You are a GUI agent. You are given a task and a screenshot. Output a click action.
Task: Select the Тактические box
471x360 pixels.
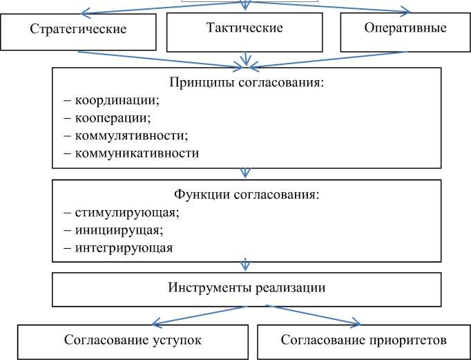pyautogui.click(x=244, y=29)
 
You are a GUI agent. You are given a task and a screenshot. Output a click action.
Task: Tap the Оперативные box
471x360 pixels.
pyautogui.click(x=404, y=29)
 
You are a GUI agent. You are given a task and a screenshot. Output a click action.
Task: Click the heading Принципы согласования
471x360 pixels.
pyautogui.click(x=246, y=82)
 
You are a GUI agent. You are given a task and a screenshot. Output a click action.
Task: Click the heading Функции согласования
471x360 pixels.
pyautogui.click(x=246, y=194)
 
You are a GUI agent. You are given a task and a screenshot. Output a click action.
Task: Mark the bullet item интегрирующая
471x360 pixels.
pyautogui.click(x=118, y=247)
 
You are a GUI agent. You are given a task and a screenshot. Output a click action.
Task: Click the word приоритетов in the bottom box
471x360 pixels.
pyautogui.click(x=412, y=341)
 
